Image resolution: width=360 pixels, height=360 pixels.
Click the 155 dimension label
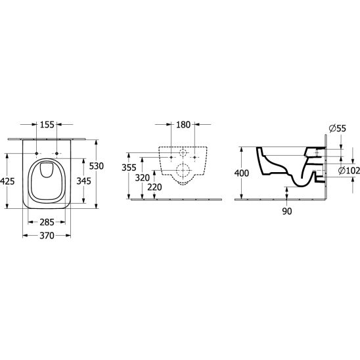point(47,125)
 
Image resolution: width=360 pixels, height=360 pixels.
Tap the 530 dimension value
point(97,166)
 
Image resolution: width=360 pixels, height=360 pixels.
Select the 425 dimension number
point(8,181)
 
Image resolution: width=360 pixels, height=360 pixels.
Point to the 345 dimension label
point(84,181)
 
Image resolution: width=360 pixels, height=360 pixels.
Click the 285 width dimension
point(47,222)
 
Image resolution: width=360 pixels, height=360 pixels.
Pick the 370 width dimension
point(47,235)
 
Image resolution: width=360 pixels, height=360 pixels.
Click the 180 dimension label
point(183,125)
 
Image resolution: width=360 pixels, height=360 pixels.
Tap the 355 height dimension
point(129,168)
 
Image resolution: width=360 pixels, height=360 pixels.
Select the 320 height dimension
point(143,177)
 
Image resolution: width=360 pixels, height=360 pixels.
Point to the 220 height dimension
point(155,187)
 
